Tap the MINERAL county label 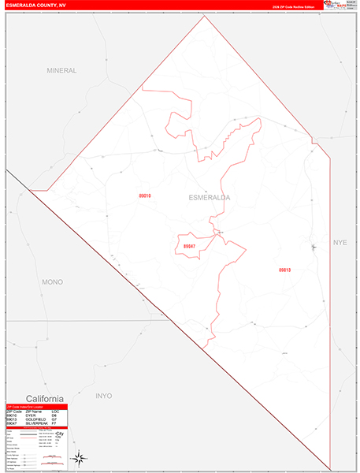[x=61, y=70]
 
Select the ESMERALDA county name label [x=210, y=198]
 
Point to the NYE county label [x=340, y=242]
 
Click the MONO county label [x=53, y=281]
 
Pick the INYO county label [x=103, y=396]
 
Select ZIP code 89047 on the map [x=190, y=247]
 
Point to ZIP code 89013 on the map [x=284, y=270]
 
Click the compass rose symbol [x=79, y=457]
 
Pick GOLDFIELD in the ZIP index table [x=34, y=419]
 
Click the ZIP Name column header [x=32, y=412]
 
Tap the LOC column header [x=55, y=412]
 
